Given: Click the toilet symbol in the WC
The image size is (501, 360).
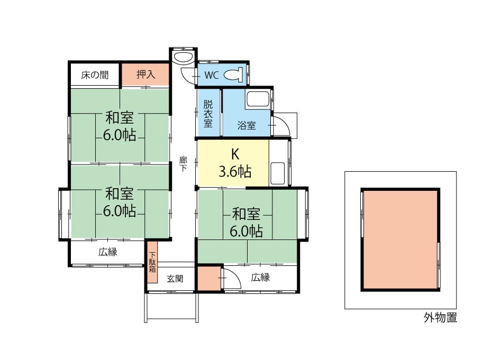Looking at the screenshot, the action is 233,75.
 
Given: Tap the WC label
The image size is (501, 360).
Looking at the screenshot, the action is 212,75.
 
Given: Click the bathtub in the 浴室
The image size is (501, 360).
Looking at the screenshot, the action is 258,99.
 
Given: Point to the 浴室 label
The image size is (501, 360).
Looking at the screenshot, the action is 247,125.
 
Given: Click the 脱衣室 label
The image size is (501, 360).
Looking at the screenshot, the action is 208,114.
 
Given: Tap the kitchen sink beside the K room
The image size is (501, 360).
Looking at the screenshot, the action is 278,173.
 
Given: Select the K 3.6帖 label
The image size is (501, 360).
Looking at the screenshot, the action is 235,163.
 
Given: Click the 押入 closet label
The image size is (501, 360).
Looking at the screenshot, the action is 146,75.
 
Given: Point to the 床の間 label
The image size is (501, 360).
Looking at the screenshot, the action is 95,75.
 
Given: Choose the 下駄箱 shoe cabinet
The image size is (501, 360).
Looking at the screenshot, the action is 152,262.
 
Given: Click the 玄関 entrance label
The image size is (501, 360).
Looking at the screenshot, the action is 175,279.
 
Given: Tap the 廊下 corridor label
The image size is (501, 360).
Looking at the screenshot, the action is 183,164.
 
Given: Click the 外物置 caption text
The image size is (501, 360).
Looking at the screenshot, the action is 441,318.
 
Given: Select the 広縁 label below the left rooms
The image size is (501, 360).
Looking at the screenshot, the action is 108,252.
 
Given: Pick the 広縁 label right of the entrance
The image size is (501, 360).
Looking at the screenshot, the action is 260,277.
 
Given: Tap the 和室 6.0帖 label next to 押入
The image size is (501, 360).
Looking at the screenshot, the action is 120,126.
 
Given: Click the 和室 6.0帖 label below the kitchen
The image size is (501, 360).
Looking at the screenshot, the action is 247,222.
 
